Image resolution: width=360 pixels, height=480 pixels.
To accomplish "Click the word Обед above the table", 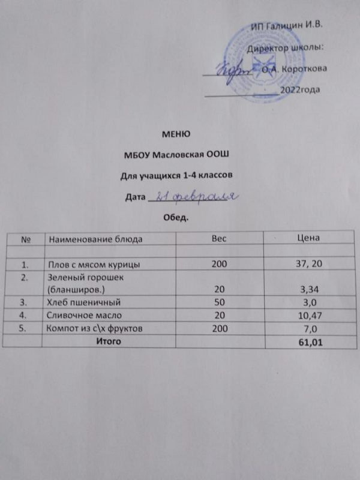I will (x=176, y=216).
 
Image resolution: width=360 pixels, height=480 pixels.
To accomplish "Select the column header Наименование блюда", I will (x=95, y=239).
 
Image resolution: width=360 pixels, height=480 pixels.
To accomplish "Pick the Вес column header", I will (x=218, y=238).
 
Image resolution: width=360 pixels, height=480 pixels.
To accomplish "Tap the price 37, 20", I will (x=307, y=264).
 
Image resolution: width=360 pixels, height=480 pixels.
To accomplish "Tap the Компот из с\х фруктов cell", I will (x=97, y=329).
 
